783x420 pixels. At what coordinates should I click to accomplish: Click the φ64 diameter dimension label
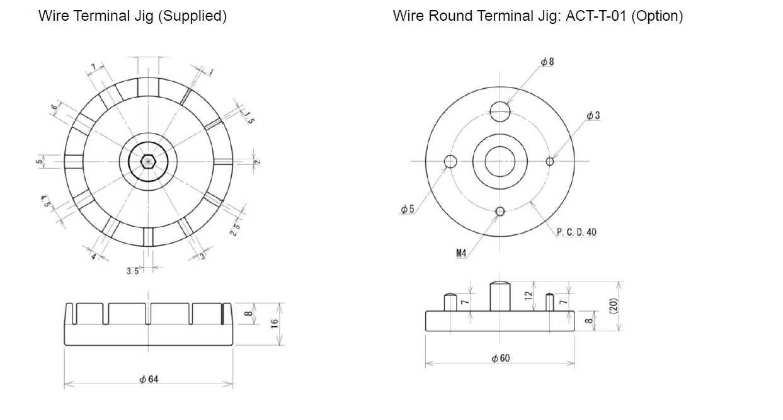pyautogui.click(x=149, y=380)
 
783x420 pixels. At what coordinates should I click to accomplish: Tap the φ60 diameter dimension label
pyautogui.click(x=501, y=358)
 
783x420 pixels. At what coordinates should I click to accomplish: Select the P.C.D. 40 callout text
pyautogui.click(x=576, y=232)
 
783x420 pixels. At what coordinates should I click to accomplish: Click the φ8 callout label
pyautogui.click(x=547, y=62)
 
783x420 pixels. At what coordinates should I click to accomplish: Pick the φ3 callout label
pyautogui.click(x=593, y=116)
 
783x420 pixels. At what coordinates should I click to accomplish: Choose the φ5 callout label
pyautogui.click(x=408, y=208)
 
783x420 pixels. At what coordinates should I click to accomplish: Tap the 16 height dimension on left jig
pyautogui.click(x=273, y=324)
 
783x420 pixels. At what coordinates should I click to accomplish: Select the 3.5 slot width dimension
pyautogui.click(x=132, y=271)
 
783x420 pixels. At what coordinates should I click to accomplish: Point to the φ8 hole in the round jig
pyautogui.click(x=500, y=111)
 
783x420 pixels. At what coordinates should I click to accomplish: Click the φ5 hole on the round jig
pyautogui.click(x=450, y=162)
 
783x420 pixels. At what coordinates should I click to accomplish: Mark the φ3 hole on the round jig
pyautogui.click(x=550, y=161)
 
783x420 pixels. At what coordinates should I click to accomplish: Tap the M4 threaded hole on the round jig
pyautogui.click(x=500, y=212)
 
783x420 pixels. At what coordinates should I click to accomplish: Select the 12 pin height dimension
pyautogui.click(x=529, y=295)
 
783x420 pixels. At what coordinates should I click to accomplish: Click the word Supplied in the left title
pyautogui.click(x=191, y=16)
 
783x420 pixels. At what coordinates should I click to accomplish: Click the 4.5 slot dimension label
pyautogui.click(x=45, y=203)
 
